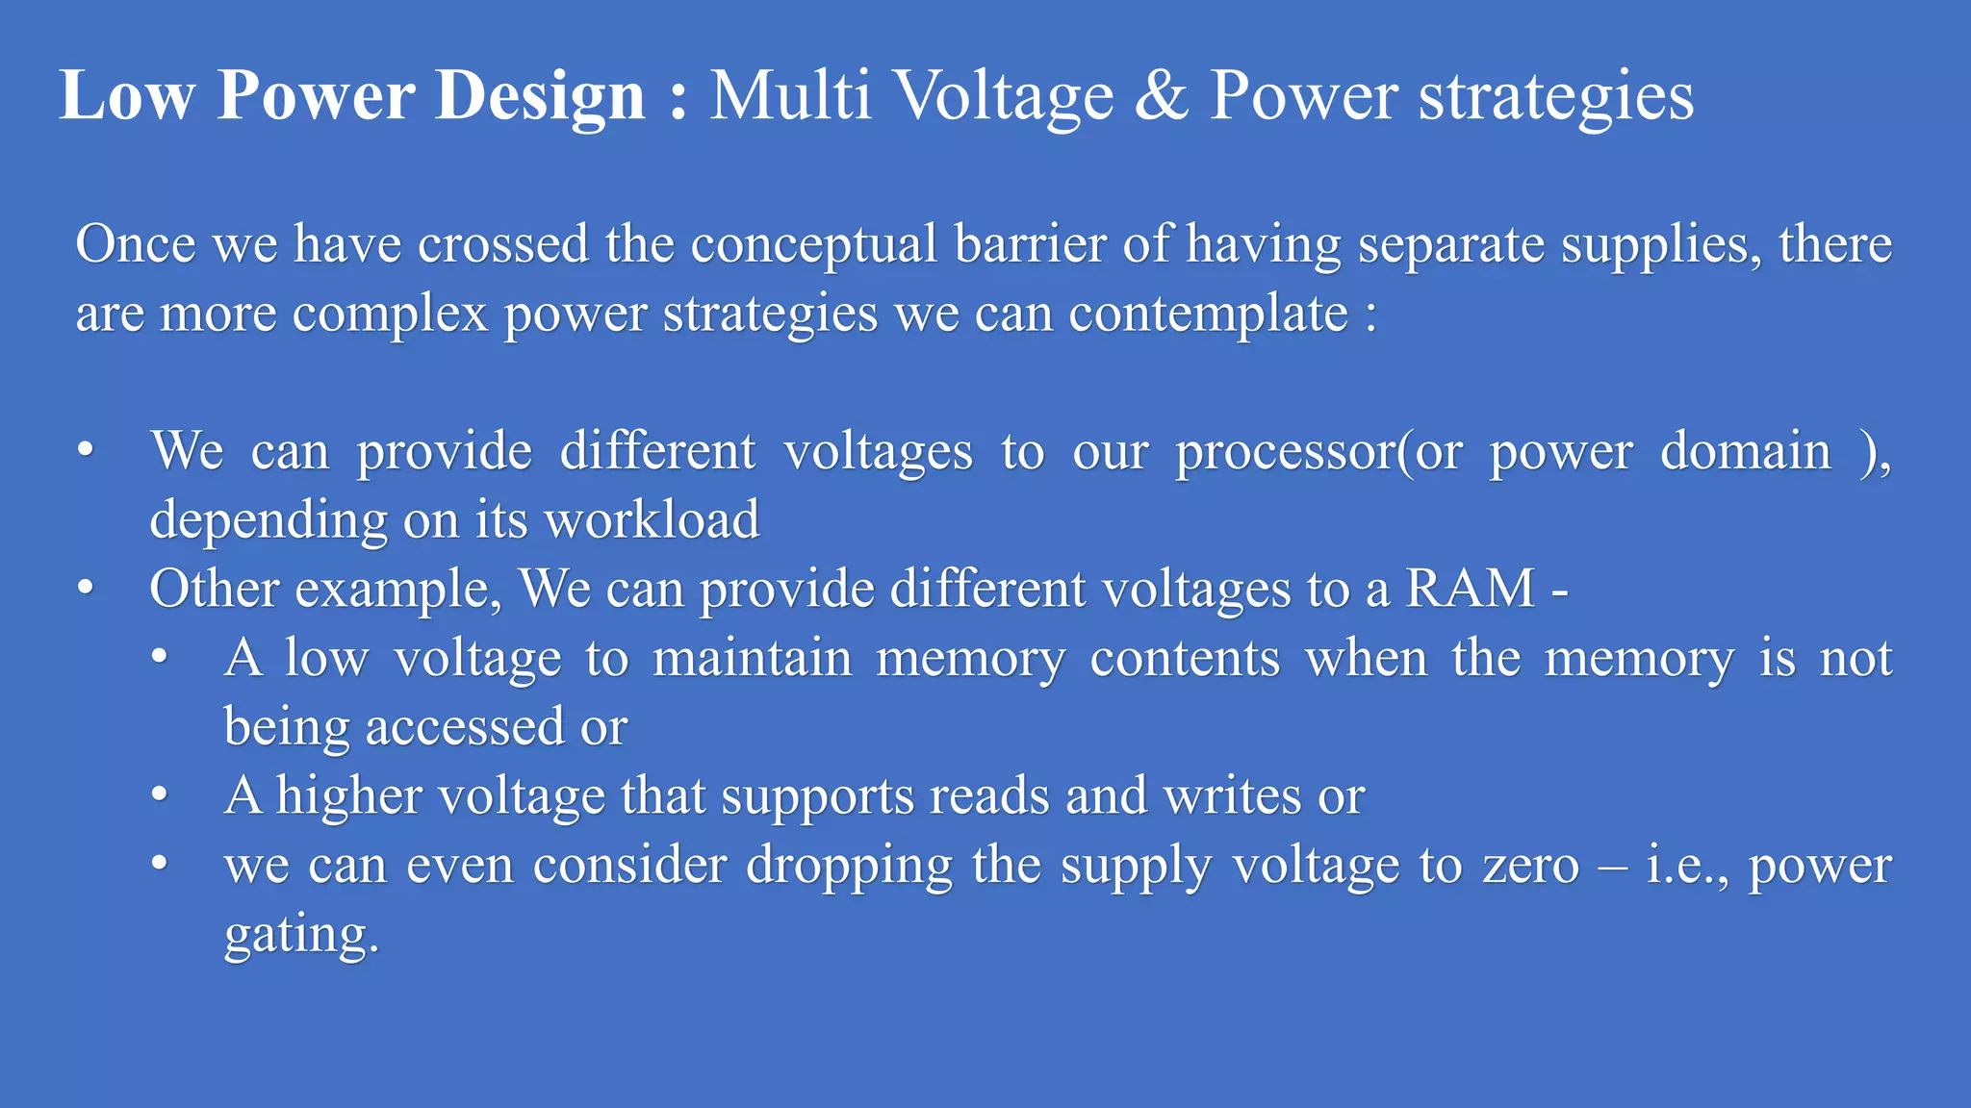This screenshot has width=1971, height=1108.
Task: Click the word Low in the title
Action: pos(126,95)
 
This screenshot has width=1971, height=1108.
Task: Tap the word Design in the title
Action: pos(539,97)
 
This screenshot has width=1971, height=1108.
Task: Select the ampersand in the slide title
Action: pos(1161,95)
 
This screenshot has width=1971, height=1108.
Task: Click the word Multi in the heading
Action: pos(790,95)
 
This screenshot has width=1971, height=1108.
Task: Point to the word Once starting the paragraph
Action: pos(136,243)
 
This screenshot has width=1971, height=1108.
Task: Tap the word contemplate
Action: pos(1209,315)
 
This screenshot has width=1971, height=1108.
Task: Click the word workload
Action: pos(652,519)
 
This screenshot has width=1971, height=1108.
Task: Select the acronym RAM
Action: pos(1470,588)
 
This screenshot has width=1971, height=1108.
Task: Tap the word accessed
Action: pos(465,726)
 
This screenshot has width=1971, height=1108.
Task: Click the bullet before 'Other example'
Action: pos(87,588)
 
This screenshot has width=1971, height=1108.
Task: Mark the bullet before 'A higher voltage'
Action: pos(160,795)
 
